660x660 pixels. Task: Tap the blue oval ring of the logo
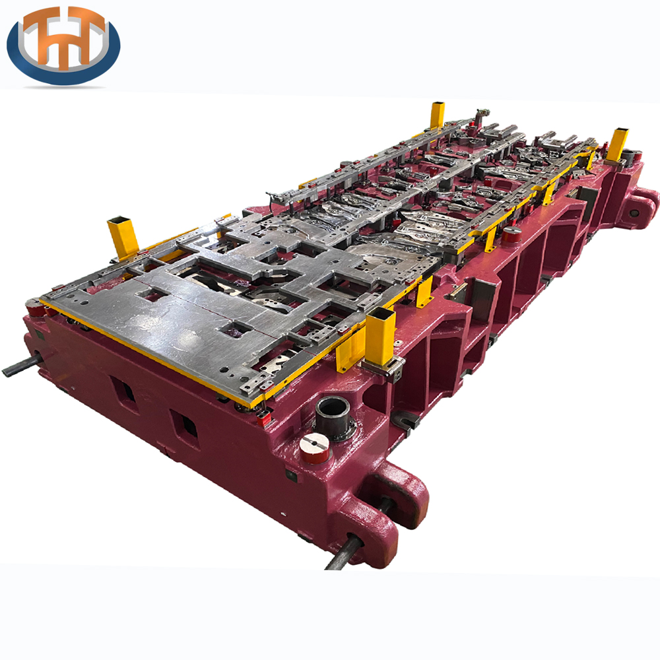(x=63, y=71)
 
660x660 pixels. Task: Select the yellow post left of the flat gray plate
(x=123, y=238)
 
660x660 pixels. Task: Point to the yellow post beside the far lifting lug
(x=617, y=145)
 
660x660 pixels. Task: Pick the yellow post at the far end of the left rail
(x=438, y=115)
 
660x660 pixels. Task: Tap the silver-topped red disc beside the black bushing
(x=314, y=448)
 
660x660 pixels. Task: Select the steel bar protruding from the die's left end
(x=22, y=366)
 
